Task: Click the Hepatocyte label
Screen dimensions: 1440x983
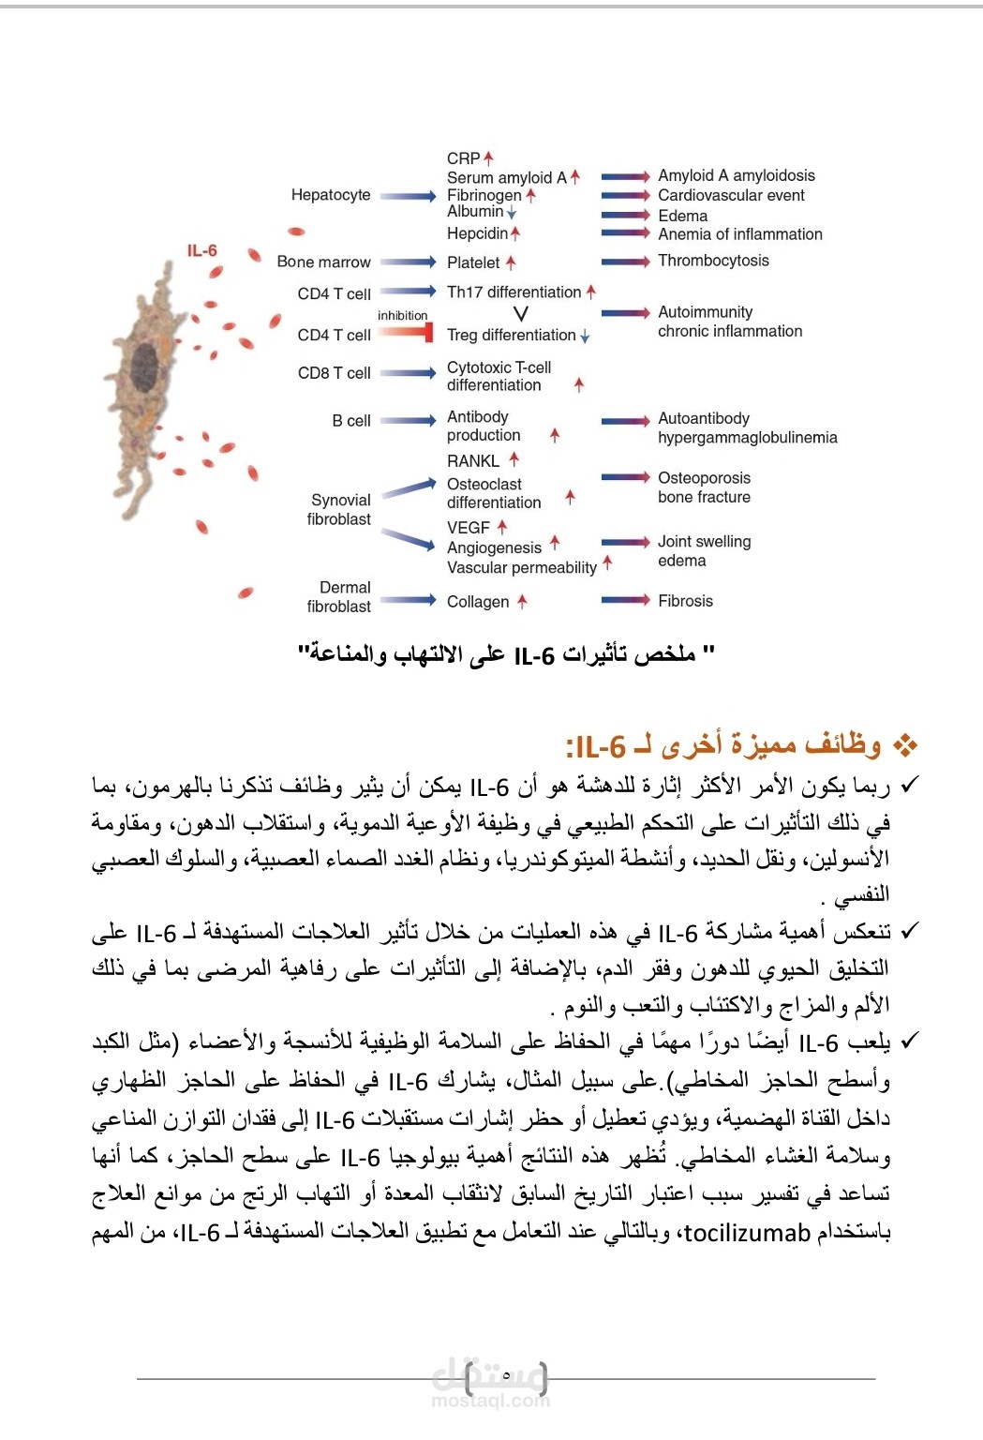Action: point(331,195)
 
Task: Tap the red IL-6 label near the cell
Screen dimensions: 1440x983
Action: point(201,250)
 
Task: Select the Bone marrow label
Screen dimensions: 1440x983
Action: point(323,262)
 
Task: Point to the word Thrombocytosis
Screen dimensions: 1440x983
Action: point(713,261)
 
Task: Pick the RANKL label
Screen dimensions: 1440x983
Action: point(473,461)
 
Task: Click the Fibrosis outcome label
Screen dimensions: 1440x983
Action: point(685,601)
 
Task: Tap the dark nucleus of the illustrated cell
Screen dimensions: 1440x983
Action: point(143,364)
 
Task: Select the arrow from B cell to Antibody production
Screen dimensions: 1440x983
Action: point(409,420)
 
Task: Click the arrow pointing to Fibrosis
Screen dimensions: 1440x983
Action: point(625,600)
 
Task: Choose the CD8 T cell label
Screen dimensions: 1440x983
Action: point(334,373)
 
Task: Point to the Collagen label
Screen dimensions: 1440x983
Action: point(478,602)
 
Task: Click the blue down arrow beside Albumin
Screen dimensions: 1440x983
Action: point(512,213)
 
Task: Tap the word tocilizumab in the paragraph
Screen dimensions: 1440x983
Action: point(747,1232)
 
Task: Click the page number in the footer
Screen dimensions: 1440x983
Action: point(506,1375)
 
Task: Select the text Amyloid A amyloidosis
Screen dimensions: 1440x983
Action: point(737,175)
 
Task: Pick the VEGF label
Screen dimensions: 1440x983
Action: point(469,528)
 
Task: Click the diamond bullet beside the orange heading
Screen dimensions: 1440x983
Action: point(904,746)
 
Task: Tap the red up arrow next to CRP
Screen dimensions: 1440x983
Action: point(488,158)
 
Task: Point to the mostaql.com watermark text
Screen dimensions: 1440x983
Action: point(491,1401)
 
